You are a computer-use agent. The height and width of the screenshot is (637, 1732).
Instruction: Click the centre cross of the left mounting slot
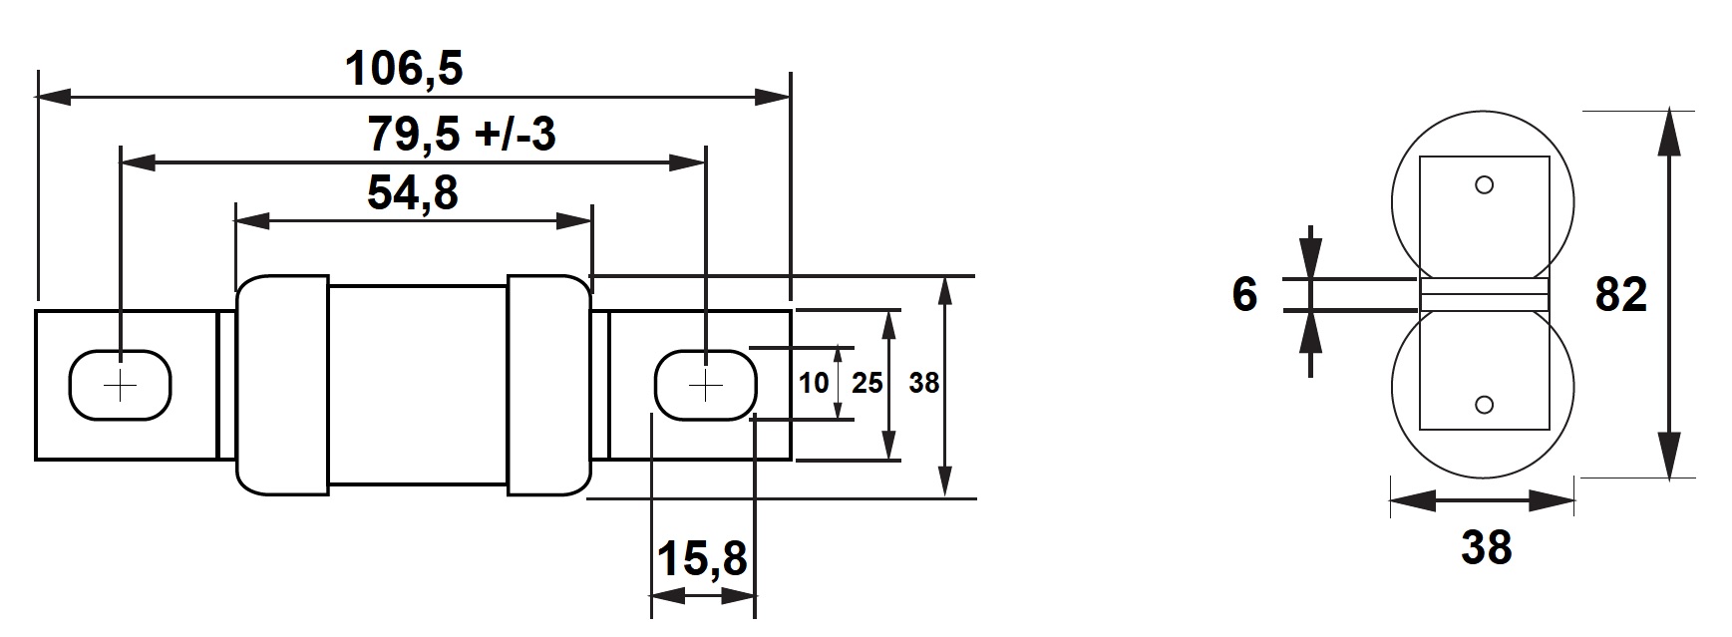[x=120, y=386]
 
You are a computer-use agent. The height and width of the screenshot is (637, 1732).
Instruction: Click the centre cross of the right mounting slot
[x=705, y=386]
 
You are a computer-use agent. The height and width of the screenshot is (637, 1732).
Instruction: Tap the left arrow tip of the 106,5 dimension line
[x=37, y=98]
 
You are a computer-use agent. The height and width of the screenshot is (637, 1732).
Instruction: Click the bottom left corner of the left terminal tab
[x=36, y=460]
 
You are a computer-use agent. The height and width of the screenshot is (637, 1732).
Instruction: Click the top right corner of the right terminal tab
[x=792, y=311]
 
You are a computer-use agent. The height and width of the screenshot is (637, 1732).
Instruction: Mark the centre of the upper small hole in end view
[x=1484, y=185]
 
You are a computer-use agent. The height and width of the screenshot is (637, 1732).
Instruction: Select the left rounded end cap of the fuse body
[x=282, y=386]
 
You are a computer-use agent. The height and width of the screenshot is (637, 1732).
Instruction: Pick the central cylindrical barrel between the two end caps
[x=418, y=386]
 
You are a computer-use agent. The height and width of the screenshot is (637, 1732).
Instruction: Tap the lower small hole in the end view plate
[x=1484, y=404]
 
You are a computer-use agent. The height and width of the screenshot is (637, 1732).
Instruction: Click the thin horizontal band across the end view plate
[x=1484, y=294]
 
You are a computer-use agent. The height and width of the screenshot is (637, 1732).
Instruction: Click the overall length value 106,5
[x=405, y=70]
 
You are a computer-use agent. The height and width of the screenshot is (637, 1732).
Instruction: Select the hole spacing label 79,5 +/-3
[x=462, y=134]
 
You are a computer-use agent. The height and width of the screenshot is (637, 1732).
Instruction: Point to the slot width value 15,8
[x=702, y=560]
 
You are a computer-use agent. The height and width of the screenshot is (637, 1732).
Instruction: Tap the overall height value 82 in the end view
[x=1621, y=295]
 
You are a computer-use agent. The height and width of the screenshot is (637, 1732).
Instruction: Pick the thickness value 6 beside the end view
[x=1244, y=295]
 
